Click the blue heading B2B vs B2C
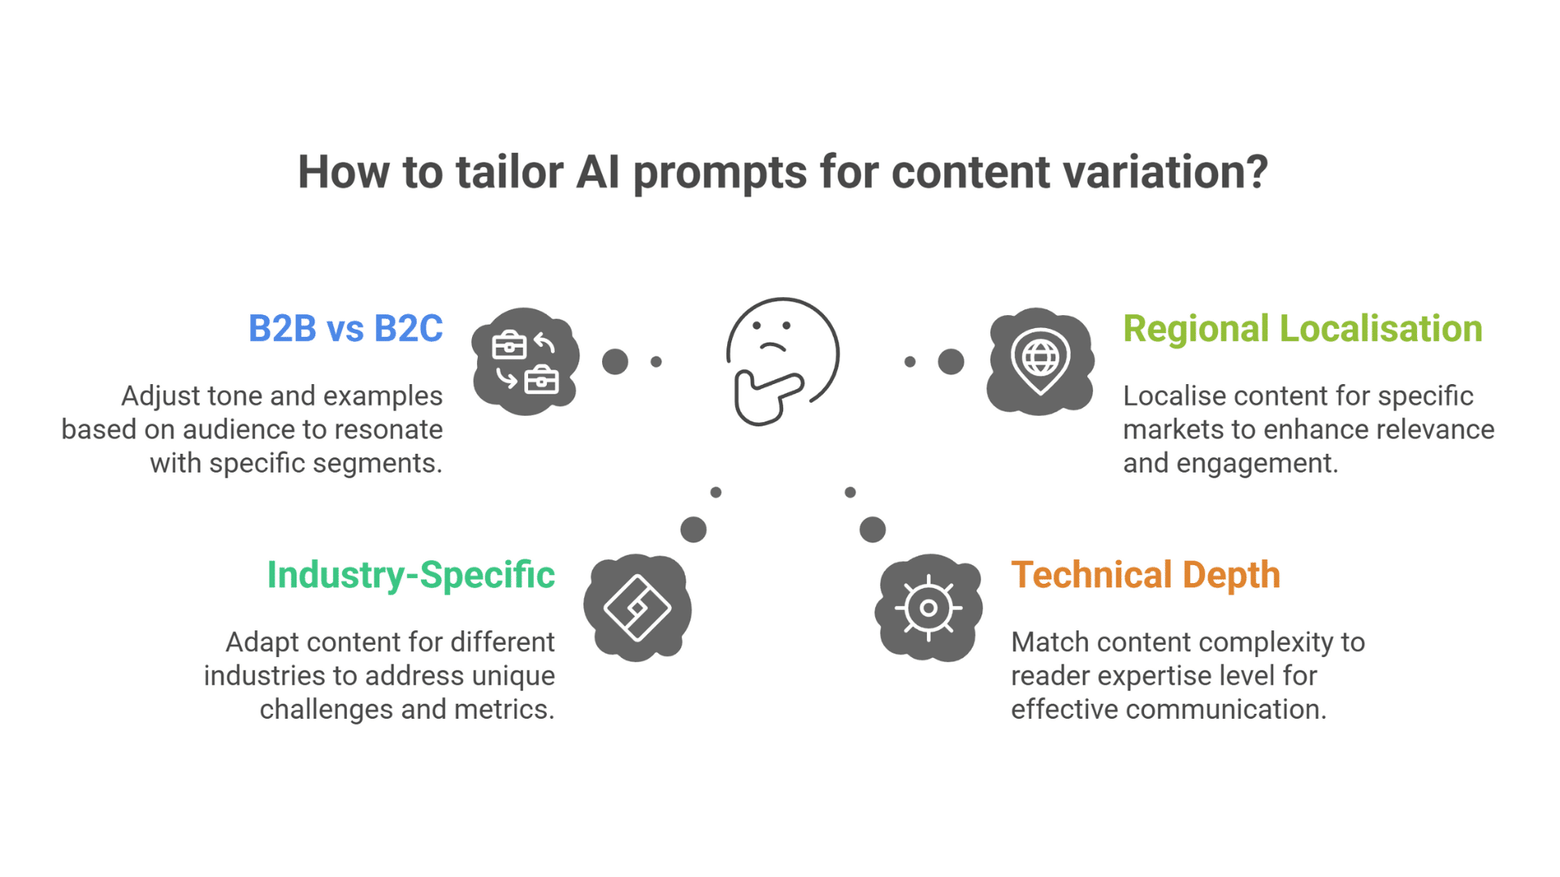[x=345, y=329]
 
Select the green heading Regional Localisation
[x=1302, y=329]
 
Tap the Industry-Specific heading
[x=410, y=575]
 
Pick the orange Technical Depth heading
[x=1145, y=575]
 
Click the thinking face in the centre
[x=782, y=361]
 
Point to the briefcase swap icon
[x=525, y=361]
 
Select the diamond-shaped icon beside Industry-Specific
[x=637, y=607]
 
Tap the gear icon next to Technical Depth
[x=928, y=607]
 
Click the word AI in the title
[x=598, y=172]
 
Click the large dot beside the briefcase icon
[x=615, y=361]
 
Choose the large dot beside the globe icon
[x=951, y=361]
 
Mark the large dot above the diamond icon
[x=693, y=529]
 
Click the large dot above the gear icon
[x=873, y=529]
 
